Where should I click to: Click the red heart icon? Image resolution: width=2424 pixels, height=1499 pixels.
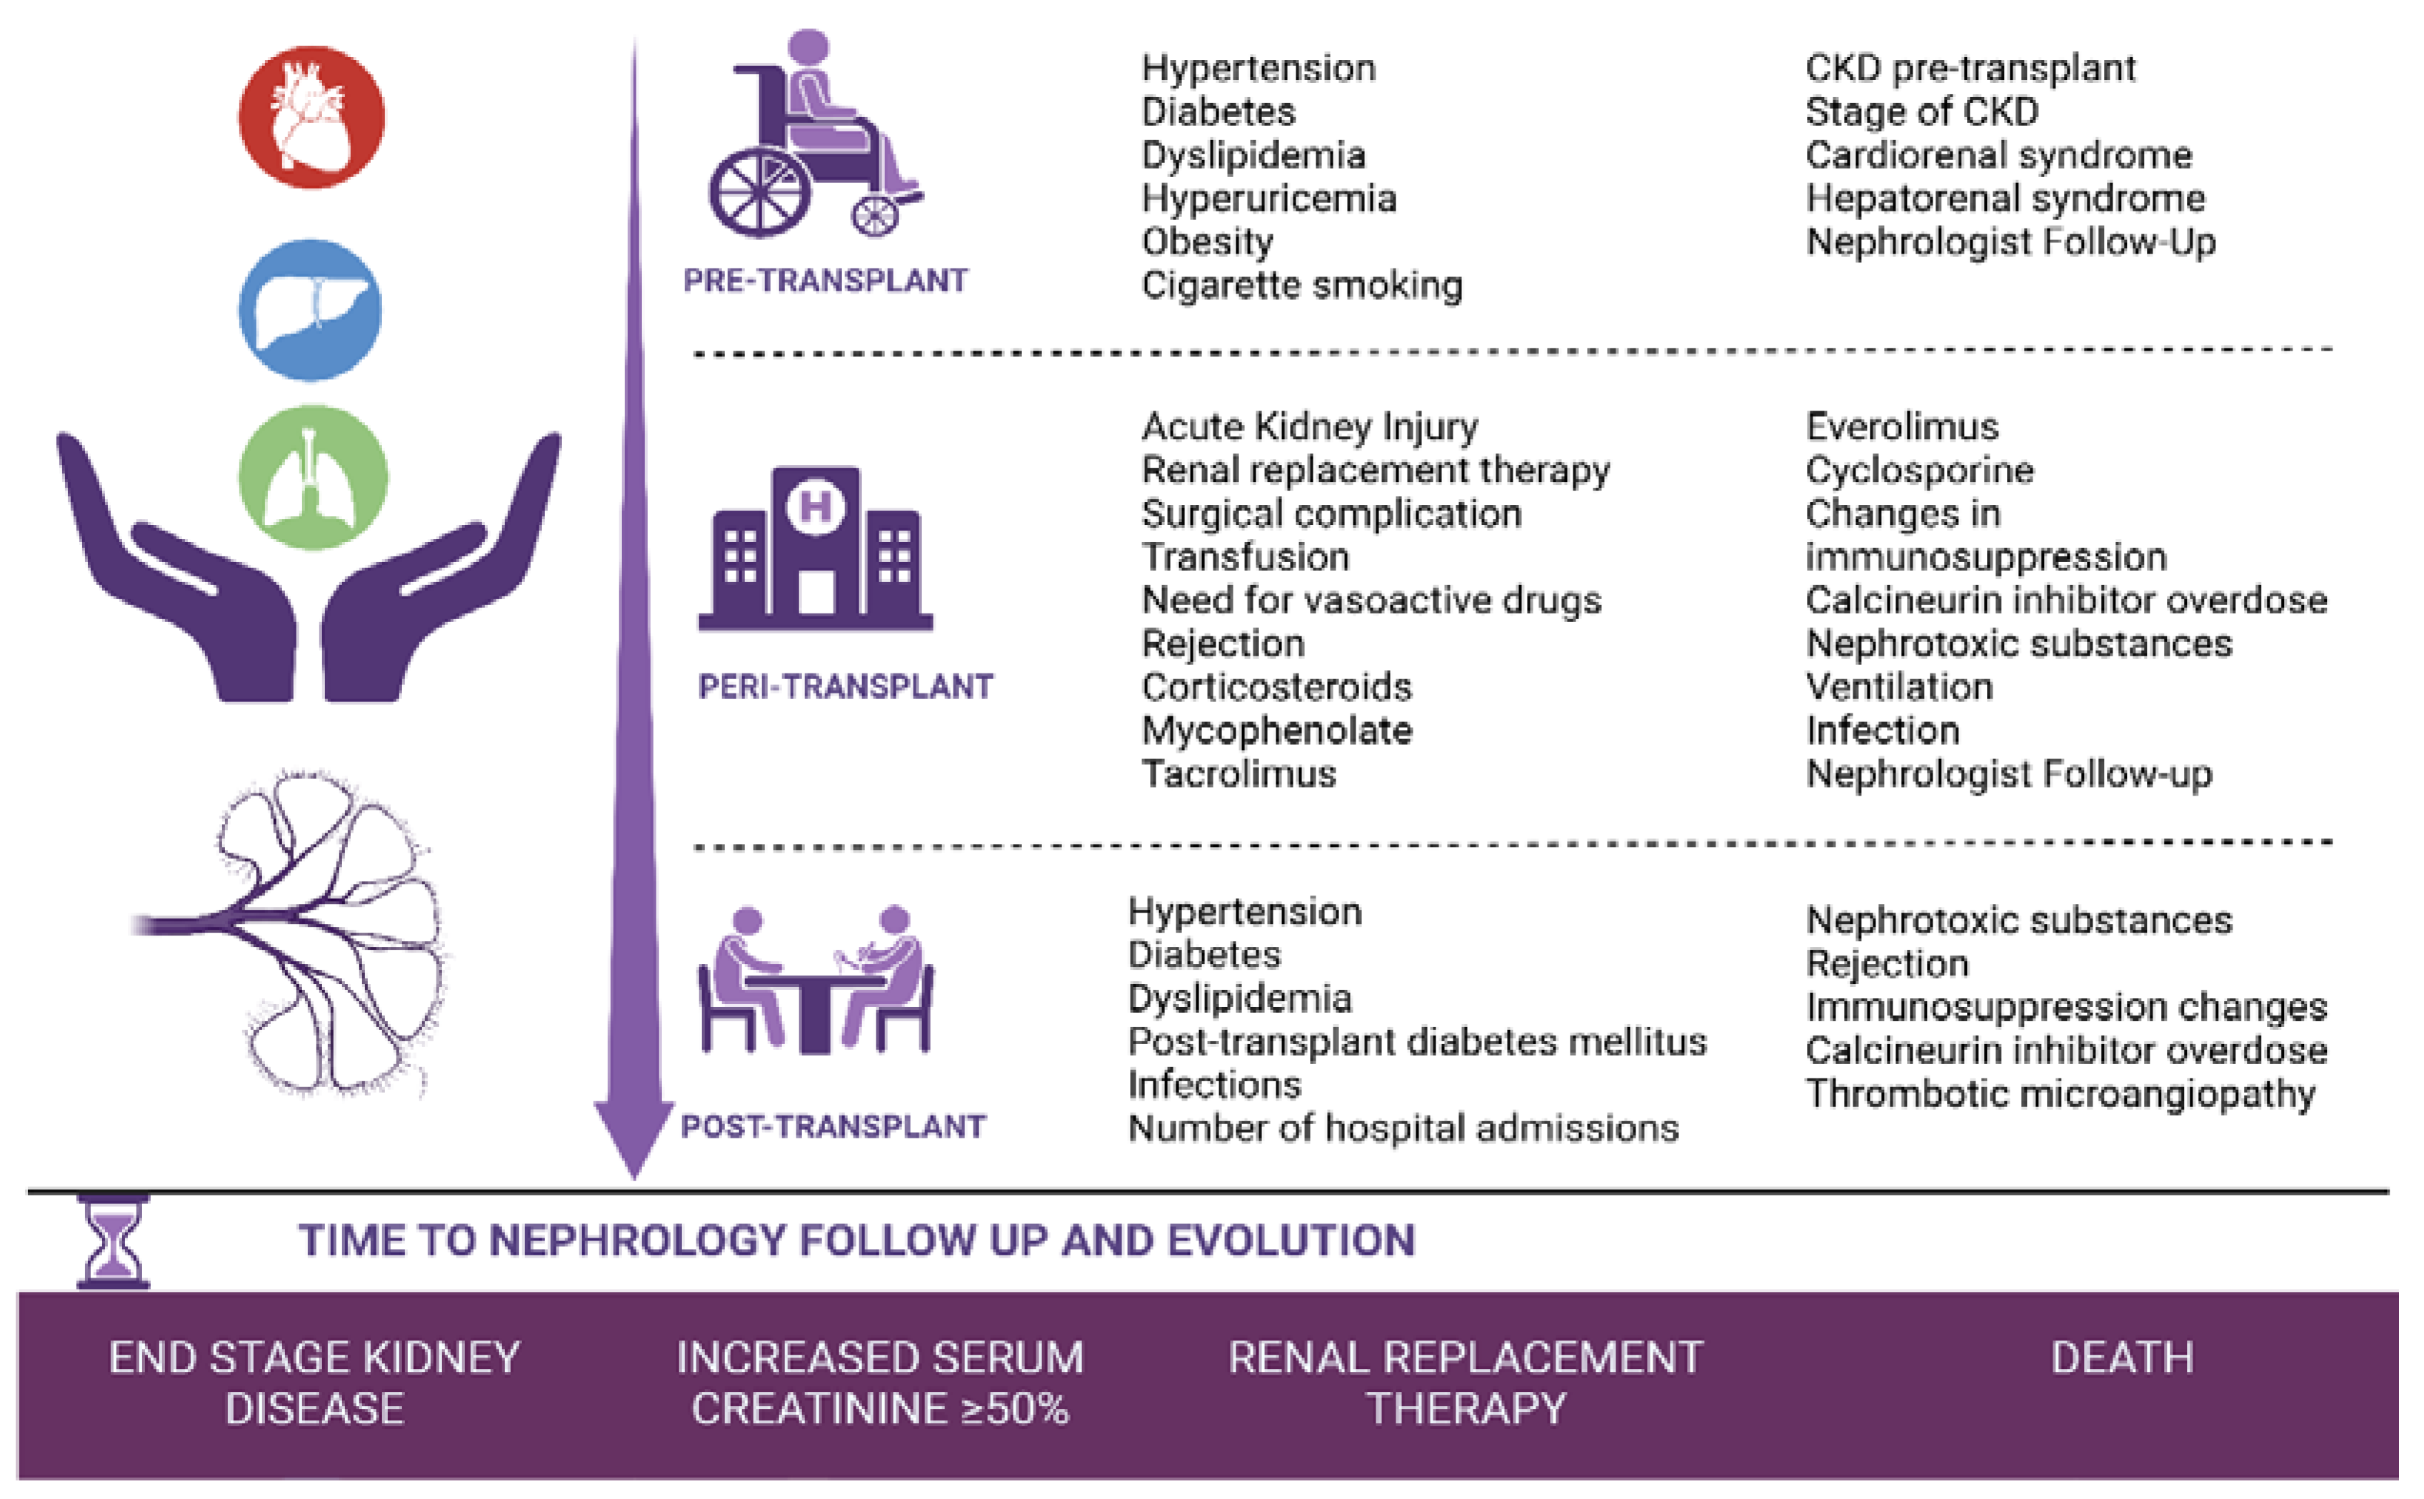311,117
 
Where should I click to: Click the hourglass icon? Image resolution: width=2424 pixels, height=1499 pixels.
113,1241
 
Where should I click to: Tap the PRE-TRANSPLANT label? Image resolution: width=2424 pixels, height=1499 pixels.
825,281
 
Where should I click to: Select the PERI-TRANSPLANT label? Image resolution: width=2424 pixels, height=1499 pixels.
845,686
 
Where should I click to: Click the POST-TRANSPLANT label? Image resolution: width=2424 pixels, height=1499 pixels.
833,1126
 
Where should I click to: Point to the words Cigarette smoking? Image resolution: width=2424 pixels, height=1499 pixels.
1301,286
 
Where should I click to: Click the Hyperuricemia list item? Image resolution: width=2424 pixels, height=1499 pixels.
1268,199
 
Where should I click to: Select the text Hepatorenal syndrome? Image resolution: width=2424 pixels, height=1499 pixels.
2005,199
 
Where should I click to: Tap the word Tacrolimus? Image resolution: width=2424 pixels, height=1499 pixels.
1238,773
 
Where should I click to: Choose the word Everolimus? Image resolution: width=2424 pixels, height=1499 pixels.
1901,426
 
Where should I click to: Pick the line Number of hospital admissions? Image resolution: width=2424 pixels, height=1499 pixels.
1403,1128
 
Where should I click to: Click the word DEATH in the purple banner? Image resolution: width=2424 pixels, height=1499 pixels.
2122,1357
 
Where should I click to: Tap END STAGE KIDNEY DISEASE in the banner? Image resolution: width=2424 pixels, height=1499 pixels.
314,1382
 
